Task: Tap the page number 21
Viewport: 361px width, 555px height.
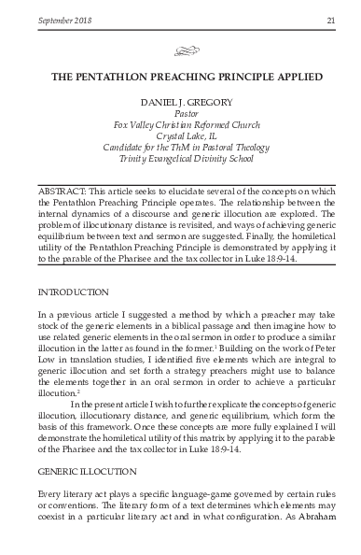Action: [330, 21]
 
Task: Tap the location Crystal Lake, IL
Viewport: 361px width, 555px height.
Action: [181, 148]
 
